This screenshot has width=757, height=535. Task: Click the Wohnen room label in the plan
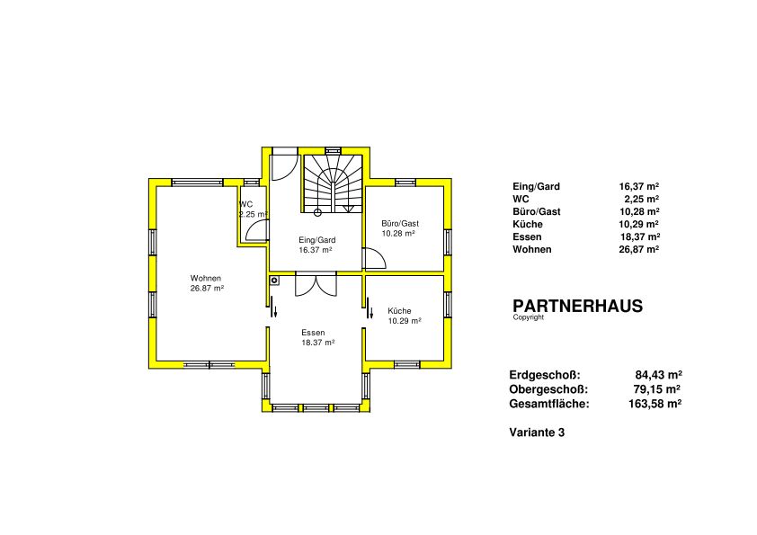[206, 278]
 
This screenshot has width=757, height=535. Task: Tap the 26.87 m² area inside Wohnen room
[207, 289]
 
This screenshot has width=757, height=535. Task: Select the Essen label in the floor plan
[313, 333]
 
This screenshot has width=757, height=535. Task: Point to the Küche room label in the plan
[399, 311]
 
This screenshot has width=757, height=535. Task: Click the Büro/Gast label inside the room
[400, 224]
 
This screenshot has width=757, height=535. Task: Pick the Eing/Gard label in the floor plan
[317, 240]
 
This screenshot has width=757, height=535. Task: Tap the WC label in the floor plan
[245, 204]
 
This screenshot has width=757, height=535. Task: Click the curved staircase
[333, 183]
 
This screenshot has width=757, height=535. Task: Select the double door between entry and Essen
[316, 286]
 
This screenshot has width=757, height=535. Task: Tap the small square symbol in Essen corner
[275, 280]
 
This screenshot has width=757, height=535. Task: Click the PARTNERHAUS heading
[577, 306]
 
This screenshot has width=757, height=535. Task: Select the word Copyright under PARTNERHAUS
[528, 317]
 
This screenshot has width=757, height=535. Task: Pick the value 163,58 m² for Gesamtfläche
[655, 404]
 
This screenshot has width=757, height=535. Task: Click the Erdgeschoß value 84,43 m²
[658, 375]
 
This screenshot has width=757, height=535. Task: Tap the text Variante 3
[537, 432]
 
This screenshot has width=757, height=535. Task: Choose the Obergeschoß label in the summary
[548, 389]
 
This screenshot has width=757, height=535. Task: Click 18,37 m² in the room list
[640, 236]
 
